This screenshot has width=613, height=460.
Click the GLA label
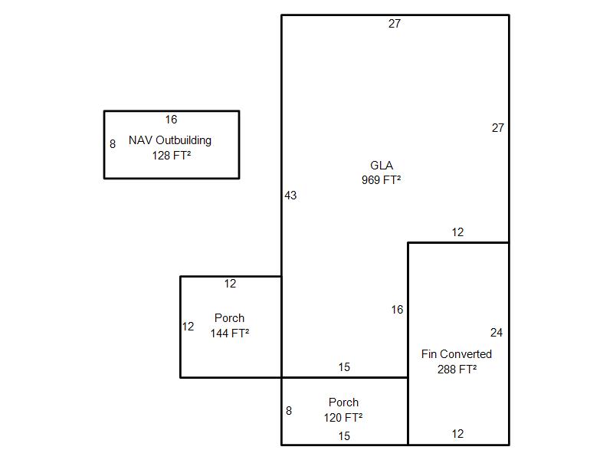point(382,166)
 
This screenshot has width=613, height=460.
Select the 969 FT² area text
point(381,180)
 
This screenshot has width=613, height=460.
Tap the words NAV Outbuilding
point(170,140)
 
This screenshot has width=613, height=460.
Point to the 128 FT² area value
point(172,156)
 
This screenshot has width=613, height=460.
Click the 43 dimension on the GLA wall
point(290,195)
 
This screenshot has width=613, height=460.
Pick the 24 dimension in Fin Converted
point(497,333)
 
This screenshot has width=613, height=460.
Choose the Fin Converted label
point(457,354)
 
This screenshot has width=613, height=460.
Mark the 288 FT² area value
point(457,369)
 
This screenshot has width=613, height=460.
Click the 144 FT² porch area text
point(230,333)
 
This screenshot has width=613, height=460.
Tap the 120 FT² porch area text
point(343,418)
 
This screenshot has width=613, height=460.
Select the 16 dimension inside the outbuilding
point(171,120)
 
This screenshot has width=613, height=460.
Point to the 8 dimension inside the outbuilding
point(113,144)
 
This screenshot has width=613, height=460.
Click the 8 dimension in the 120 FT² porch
point(289,411)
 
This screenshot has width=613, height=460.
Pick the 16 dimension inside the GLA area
point(397,310)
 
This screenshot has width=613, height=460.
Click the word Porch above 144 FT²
point(229,318)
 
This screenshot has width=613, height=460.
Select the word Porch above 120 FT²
point(343,402)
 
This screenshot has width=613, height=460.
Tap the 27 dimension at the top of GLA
point(395,24)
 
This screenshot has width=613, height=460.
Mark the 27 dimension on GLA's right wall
point(498,128)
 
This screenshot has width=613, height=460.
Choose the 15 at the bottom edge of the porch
point(344,436)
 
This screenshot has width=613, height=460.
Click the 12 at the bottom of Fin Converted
point(457,434)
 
